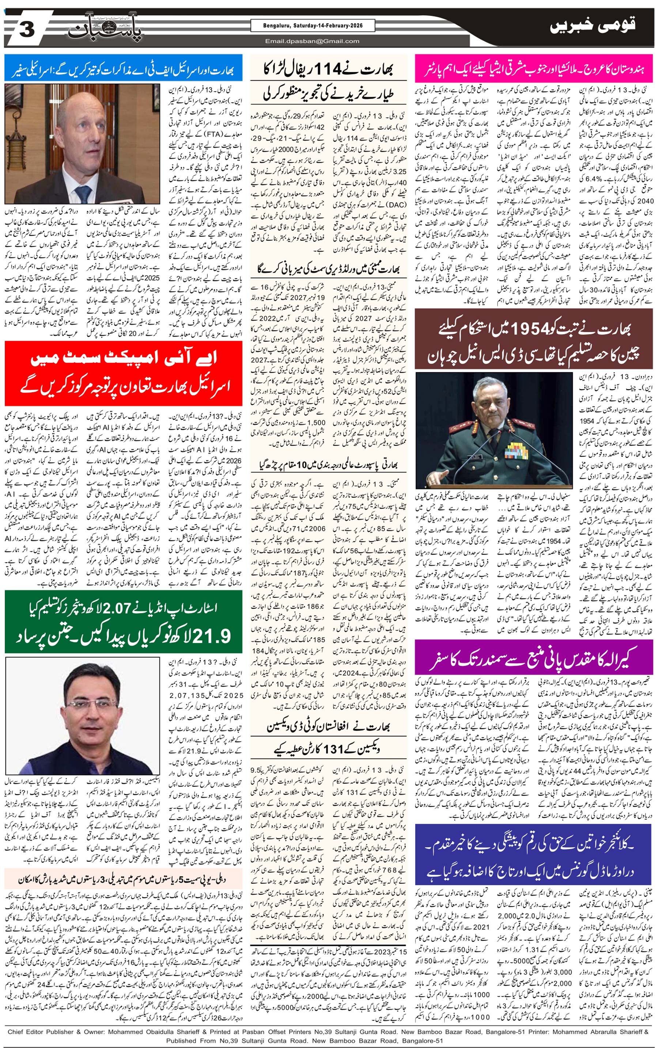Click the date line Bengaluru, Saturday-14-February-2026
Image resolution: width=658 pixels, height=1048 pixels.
(312, 26)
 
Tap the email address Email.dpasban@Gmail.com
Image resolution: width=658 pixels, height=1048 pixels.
(312, 41)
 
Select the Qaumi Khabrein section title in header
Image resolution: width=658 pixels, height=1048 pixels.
(592, 26)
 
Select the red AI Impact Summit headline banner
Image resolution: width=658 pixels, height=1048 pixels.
(123, 373)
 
